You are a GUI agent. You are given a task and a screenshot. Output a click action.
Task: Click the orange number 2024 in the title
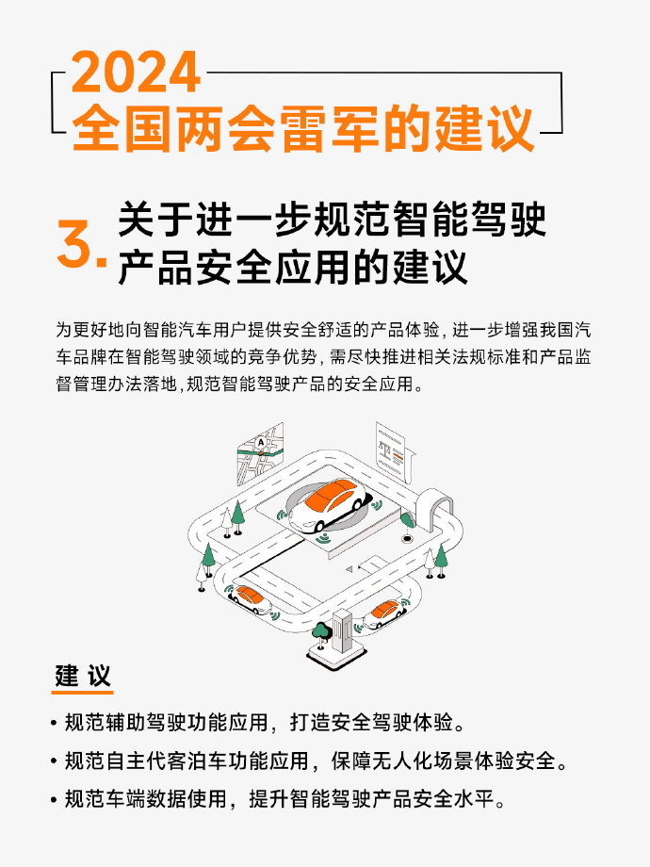pos(136,72)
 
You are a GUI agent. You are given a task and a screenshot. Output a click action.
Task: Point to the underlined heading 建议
pos(83,676)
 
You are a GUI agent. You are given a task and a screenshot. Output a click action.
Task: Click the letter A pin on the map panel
pos(261,443)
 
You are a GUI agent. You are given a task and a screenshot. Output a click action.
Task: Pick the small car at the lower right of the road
pos(383,613)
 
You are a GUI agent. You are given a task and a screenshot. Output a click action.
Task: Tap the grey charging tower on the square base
pos(343,630)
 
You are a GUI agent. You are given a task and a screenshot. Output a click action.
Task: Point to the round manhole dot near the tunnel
pos(407,538)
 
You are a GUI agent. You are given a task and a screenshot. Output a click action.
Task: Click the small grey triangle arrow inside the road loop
pos(349,568)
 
